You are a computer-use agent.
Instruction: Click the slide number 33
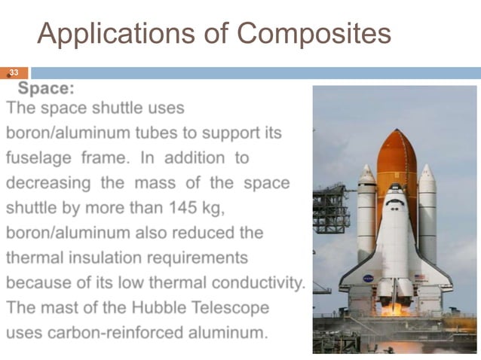(13, 73)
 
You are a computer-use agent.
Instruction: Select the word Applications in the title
(127, 33)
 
